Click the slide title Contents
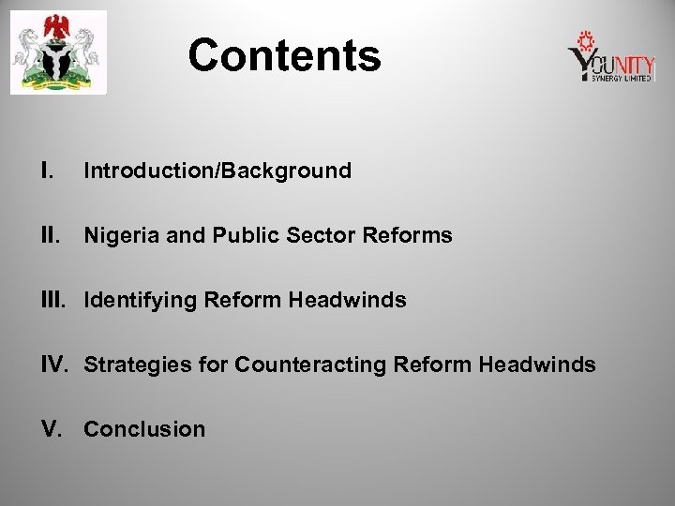[284, 55]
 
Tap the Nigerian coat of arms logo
[58, 53]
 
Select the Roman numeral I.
[46, 171]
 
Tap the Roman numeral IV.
[57, 365]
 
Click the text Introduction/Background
[217, 171]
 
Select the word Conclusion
[144, 429]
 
